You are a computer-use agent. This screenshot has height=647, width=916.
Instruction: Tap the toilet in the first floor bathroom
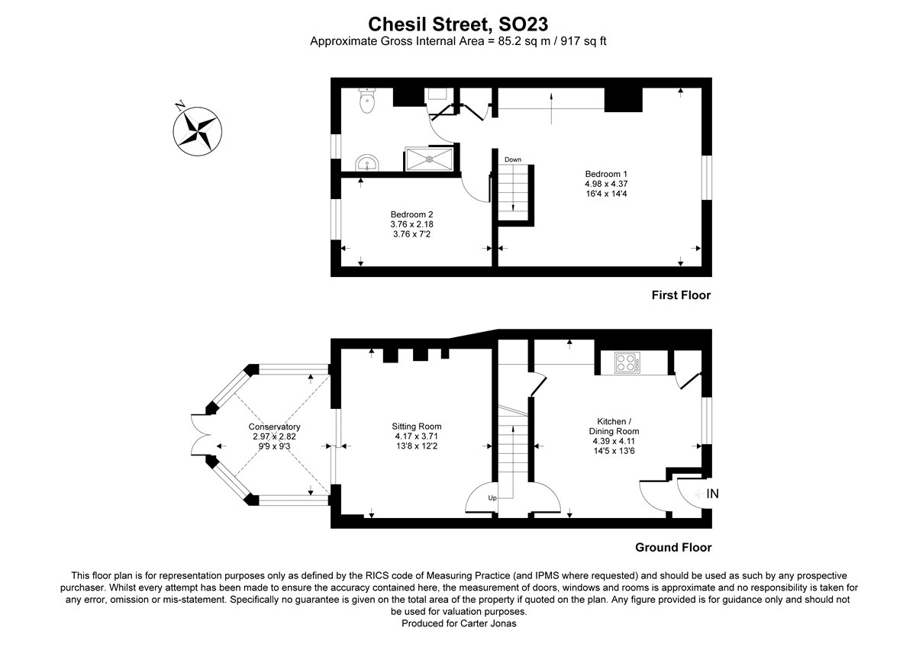368,100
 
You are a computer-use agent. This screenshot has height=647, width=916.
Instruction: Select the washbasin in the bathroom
366,163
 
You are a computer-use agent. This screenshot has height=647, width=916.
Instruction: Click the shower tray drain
429,159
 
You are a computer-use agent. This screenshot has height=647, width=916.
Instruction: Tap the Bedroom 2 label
412,214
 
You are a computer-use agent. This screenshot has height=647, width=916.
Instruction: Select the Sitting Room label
417,427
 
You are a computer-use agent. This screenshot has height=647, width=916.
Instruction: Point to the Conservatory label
274,427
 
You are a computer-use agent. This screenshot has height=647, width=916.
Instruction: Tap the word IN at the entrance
712,494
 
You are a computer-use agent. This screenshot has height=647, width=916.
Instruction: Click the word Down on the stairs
512,159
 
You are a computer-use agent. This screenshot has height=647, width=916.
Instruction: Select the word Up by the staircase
492,498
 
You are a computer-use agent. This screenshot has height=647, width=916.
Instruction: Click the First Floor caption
680,295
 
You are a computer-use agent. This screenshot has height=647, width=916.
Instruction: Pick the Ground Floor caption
673,547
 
